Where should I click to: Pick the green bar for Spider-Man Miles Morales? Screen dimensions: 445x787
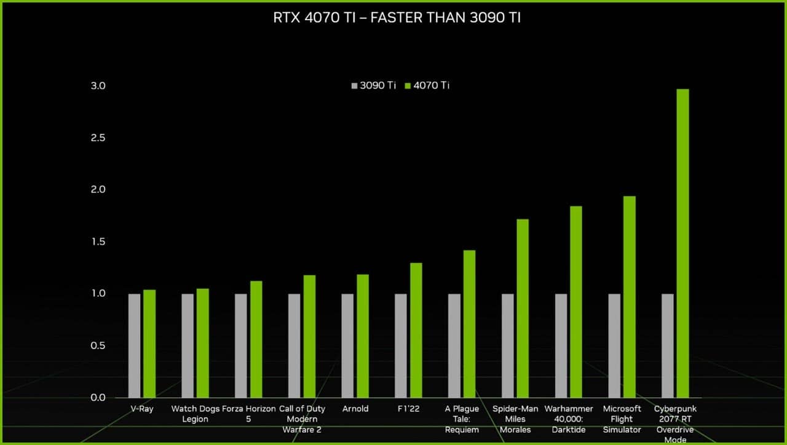tap(523, 308)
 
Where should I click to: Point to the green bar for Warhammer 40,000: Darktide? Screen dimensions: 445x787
tap(576, 302)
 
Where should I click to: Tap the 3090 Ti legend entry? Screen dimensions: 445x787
tap(373, 85)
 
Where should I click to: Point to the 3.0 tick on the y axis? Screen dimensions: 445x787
tap(98, 86)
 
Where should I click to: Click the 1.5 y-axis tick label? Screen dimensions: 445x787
tap(98, 242)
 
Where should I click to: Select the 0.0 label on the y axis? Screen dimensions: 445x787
tap(98, 398)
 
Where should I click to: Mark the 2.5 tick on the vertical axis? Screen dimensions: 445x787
tap(98, 138)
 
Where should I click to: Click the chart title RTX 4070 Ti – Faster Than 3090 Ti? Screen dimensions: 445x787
tap(397, 18)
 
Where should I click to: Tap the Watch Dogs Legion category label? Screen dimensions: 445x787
tap(196, 414)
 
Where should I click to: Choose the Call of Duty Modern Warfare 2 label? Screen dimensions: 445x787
tap(302, 419)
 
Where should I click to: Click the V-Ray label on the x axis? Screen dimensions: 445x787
tap(142, 409)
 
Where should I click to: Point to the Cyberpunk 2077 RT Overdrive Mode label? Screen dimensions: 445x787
tap(675, 424)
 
